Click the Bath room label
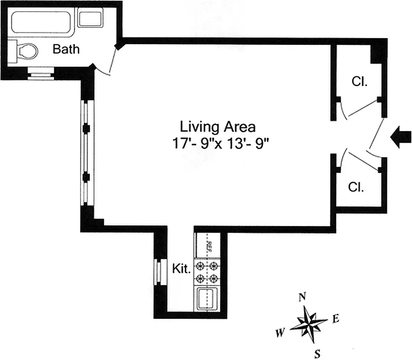66,49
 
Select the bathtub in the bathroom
42,22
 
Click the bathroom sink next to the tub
90,19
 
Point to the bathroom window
41,73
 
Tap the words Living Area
217,126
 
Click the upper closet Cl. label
359,82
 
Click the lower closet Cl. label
356,187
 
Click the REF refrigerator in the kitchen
207,246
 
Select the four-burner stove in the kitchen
207,272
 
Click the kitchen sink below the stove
207,298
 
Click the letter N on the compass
303,297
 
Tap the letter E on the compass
335,319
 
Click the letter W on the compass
280,333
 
